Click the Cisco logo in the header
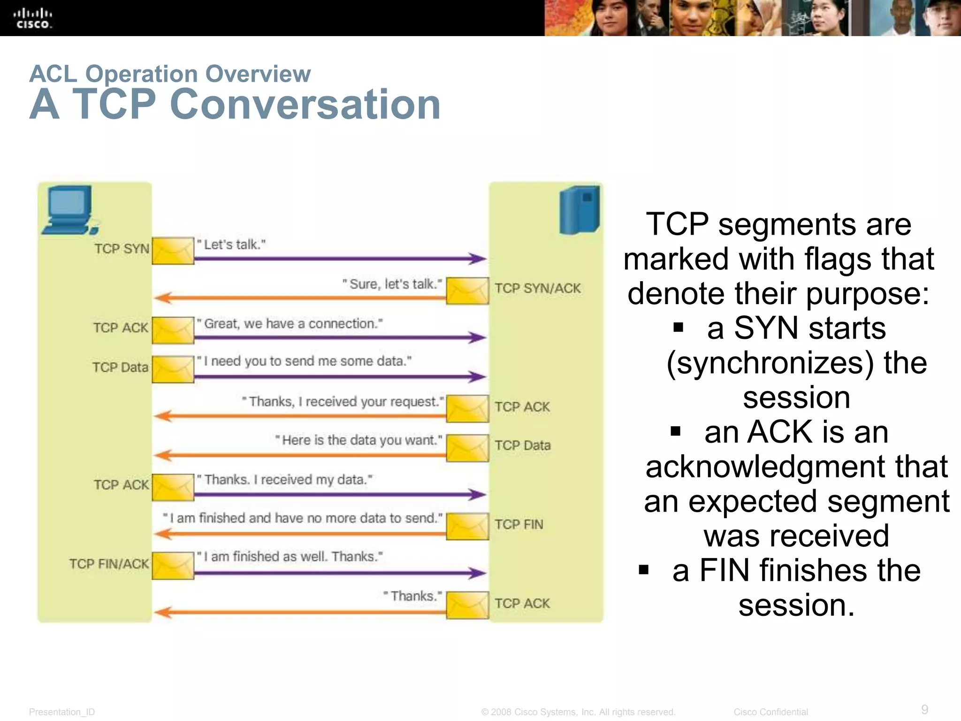click(32, 18)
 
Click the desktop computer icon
click(69, 210)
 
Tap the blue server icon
click(580, 210)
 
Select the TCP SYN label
click(122, 249)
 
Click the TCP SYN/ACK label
click(538, 288)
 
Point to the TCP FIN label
click(519, 524)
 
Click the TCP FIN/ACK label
click(109, 564)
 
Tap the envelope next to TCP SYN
click(173, 251)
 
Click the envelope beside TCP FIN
click(467, 526)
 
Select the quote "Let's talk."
click(231, 245)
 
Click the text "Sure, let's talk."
click(392, 284)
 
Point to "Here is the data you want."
click(358, 440)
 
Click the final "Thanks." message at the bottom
click(412, 596)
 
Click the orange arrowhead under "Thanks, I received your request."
click(162, 416)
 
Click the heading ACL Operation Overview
click(170, 74)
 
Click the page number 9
click(924, 709)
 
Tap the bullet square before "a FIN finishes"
click(644, 570)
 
